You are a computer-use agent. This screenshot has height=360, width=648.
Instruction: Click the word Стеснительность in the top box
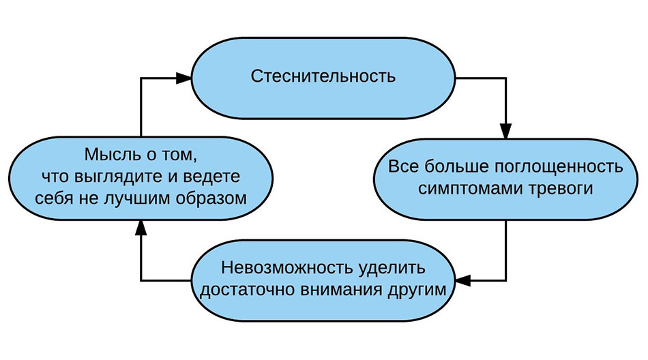(x=323, y=76)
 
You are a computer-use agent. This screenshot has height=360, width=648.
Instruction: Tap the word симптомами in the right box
(x=462, y=190)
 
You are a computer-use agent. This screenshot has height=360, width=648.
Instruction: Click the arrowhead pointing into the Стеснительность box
(x=183, y=78)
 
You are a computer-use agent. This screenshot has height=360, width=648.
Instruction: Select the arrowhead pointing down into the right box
(x=505, y=132)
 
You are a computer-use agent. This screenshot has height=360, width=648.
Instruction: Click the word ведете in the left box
(x=216, y=176)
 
